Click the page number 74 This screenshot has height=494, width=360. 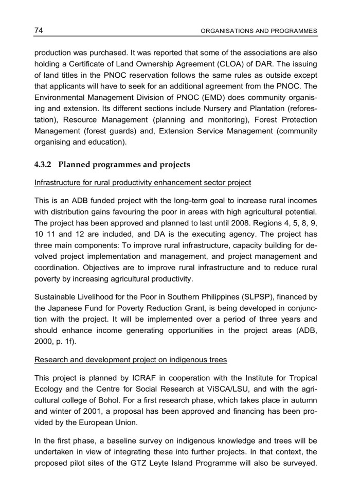click(39, 30)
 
